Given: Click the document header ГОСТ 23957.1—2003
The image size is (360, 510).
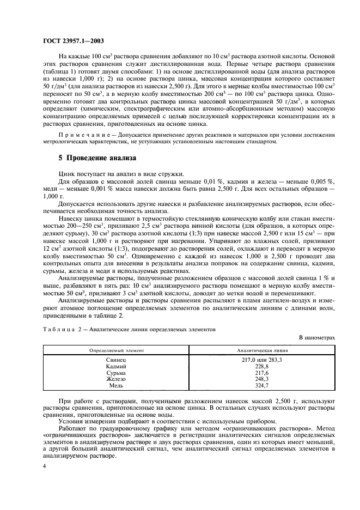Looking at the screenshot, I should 74,40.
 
